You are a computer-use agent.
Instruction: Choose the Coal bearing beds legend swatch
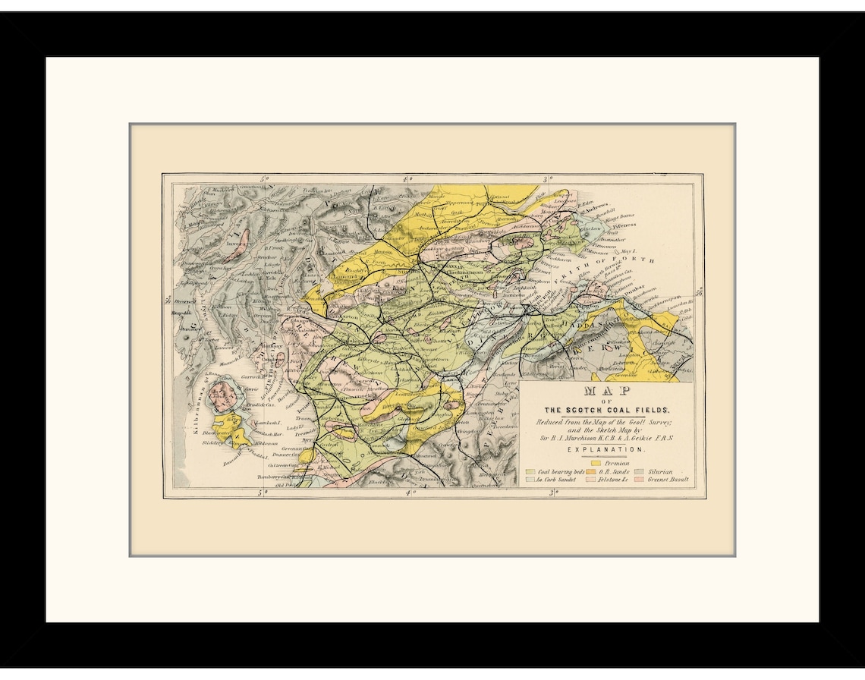point(530,472)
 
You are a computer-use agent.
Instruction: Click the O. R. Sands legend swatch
point(590,472)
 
